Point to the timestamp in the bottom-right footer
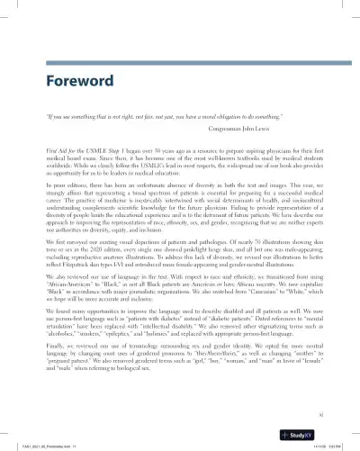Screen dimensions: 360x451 coord(328,444)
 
